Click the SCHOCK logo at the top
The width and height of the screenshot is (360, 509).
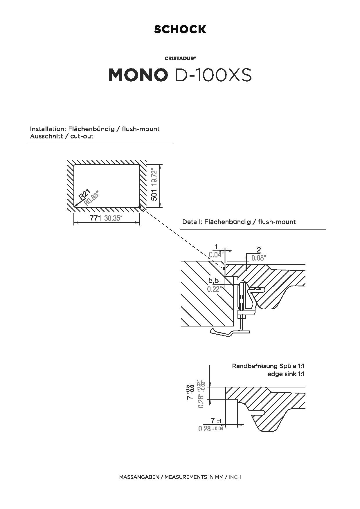coord(180,29)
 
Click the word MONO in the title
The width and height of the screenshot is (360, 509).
coord(138,75)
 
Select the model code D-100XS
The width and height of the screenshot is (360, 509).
coord(213,75)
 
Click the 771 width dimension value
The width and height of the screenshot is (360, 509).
coord(95,218)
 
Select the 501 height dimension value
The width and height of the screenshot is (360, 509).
coord(154,195)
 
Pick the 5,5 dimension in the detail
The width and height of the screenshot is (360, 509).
coord(213,281)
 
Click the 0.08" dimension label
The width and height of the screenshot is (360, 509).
coord(259,258)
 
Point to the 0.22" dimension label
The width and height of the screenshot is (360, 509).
coord(214,289)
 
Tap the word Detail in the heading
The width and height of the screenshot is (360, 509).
coord(192,222)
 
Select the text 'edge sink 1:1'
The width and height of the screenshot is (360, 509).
coord(286,374)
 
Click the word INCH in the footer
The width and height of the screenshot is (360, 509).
coord(235,477)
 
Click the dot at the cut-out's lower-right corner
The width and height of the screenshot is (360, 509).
coord(140,207)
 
